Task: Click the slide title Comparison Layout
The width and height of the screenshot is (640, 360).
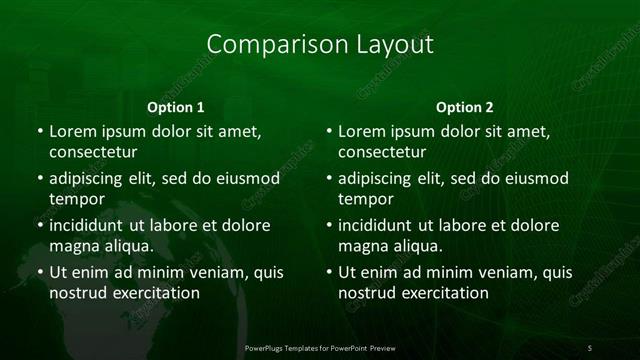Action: pyautogui.click(x=320, y=45)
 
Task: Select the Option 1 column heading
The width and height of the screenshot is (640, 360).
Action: pyautogui.click(x=176, y=107)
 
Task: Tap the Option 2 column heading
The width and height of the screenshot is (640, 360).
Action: pyautogui.click(x=465, y=107)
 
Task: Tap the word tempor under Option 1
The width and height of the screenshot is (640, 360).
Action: pyautogui.click(x=75, y=199)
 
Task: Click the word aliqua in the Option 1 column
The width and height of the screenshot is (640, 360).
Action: pyautogui.click(x=125, y=246)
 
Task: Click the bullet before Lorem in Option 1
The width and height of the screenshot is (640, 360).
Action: pyautogui.click(x=38, y=132)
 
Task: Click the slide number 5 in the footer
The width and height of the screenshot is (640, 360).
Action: pyautogui.click(x=590, y=346)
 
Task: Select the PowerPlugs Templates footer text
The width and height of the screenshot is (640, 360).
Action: pyautogui.click(x=320, y=346)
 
